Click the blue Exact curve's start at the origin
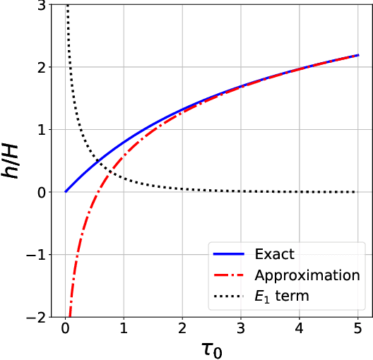[x=66, y=191]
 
